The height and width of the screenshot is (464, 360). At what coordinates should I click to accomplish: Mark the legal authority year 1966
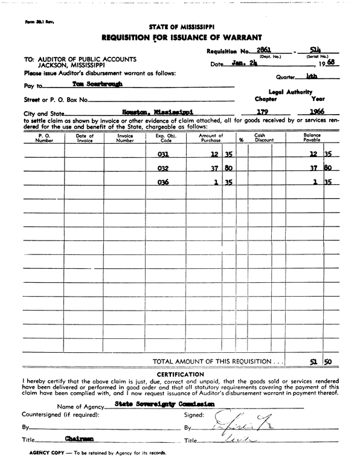tap(317, 112)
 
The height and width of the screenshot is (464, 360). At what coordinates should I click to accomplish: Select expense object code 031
tap(163, 155)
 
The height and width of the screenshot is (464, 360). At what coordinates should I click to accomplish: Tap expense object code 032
tap(163, 169)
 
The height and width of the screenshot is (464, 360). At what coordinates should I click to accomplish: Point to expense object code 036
tap(163, 182)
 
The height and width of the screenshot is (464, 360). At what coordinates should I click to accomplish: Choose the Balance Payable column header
tap(312, 138)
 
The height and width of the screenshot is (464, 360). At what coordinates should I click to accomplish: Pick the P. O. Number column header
tap(44, 138)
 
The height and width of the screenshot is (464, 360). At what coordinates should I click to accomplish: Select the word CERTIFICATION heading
tap(179, 375)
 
